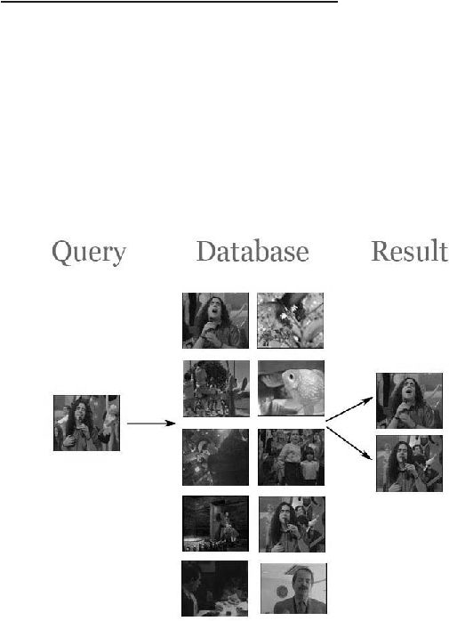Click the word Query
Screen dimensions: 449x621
[x=89, y=253]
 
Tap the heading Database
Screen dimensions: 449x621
[x=253, y=251]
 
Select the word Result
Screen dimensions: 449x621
[x=409, y=251]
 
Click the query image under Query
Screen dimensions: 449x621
[x=87, y=423]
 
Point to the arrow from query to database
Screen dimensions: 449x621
[x=151, y=423]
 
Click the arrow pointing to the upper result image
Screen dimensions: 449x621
[x=349, y=408]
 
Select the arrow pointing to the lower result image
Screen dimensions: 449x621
[x=349, y=443]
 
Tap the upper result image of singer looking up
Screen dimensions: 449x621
[x=409, y=400]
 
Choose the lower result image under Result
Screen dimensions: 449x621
[x=409, y=464]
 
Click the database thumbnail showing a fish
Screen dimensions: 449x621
[x=291, y=388]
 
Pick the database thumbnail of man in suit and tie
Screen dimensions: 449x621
[x=293, y=588]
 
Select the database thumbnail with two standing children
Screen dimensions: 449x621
[x=291, y=457]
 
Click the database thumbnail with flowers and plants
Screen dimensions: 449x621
[x=290, y=321]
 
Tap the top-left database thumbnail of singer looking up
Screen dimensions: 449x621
[x=215, y=321]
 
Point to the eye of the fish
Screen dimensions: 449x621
[x=291, y=376]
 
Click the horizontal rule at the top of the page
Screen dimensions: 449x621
[x=169, y=2]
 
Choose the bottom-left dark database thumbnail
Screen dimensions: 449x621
[x=214, y=588]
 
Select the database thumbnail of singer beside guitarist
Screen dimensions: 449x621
[x=292, y=524]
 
